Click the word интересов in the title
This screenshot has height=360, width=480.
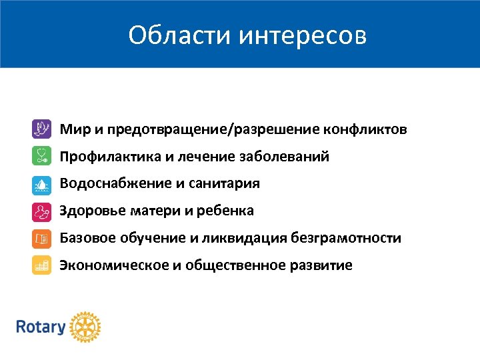point(302,35)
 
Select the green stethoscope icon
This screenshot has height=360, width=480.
point(41,156)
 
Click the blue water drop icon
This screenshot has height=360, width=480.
point(41,183)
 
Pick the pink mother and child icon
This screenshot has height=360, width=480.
point(41,211)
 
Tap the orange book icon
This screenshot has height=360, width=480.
point(41,239)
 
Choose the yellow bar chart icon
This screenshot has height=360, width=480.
point(41,266)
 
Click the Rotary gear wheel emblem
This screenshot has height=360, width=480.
point(85,327)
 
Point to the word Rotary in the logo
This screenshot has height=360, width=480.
point(41,327)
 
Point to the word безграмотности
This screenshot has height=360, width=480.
point(346,239)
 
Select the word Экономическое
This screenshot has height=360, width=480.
point(114,266)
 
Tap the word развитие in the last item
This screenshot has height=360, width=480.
point(321,266)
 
